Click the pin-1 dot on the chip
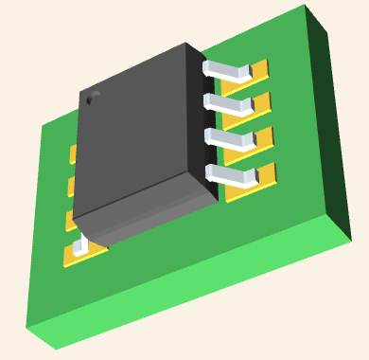[x=92, y=97]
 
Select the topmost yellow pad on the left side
[x=73, y=153]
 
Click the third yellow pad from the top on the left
[x=70, y=219]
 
